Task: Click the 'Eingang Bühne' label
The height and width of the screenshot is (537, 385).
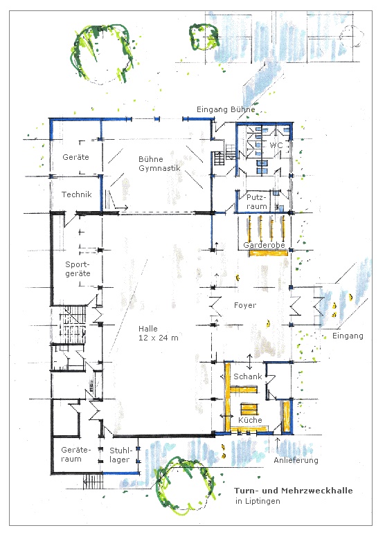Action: pos(226,109)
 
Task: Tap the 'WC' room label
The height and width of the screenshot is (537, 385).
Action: pos(276,145)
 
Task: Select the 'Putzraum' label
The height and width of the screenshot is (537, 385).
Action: pos(257,202)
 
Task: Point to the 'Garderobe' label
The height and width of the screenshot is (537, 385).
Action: pos(264,245)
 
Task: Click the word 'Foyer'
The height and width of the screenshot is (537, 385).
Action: pos(245,305)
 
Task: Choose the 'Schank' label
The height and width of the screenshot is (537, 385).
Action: pos(247,376)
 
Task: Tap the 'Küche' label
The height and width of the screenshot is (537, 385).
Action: pos(250,420)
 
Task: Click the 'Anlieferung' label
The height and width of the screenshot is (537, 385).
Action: pos(296,460)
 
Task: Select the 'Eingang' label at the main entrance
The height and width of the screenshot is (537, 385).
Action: pos(348,336)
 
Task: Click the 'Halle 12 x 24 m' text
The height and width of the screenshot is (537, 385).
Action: pos(159,334)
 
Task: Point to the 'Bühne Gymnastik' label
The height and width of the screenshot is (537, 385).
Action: pos(159,164)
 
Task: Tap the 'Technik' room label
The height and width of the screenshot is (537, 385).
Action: pos(77,194)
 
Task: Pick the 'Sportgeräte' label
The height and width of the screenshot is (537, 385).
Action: pos(78,268)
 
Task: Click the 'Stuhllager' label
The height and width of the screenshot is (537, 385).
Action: pos(120,455)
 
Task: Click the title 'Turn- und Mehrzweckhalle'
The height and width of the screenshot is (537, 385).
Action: pos(294,491)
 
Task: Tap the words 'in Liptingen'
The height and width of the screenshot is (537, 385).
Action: pos(258,501)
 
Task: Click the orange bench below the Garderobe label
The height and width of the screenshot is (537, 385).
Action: pos(268,253)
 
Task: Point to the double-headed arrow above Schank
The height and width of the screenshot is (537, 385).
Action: pos(250,362)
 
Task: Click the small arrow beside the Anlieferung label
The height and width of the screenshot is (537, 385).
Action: pos(278,442)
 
